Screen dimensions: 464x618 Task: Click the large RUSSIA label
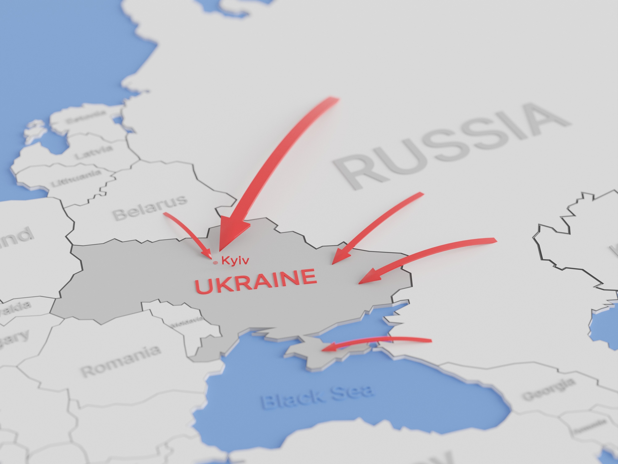pyautogui.click(x=450, y=145)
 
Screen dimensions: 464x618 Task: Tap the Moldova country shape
pyautogui.click(x=196, y=327)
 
